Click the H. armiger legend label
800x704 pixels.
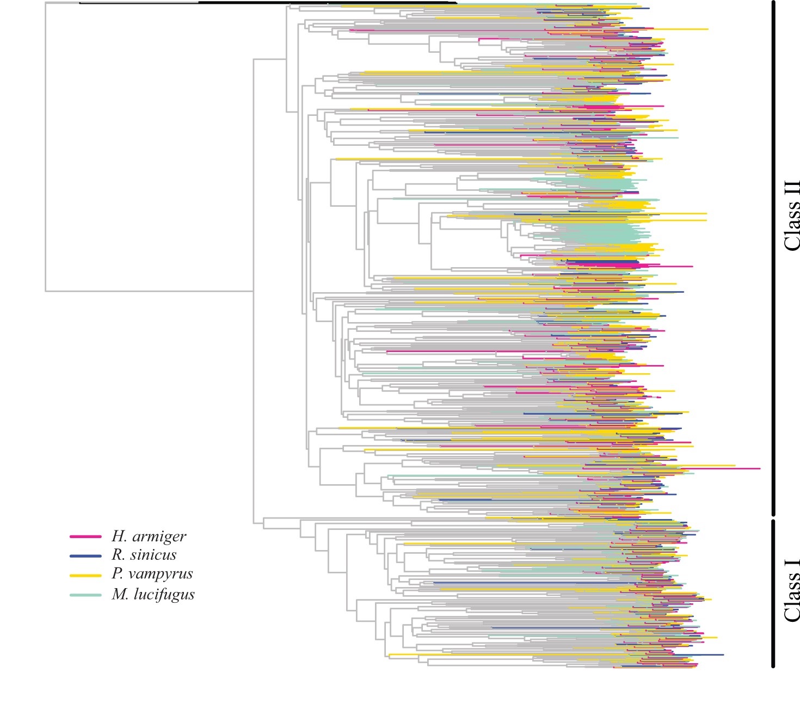[x=149, y=536]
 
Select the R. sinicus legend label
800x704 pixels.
[x=144, y=555]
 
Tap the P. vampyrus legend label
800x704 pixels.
[x=152, y=574]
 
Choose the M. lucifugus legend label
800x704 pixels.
[x=153, y=594]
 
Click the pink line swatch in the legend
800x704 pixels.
[x=85, y=537]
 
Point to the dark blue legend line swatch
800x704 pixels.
[x=85, y=556]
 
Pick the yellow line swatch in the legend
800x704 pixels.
[x=85, y=576]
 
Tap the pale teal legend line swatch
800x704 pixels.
[x=85, y=595]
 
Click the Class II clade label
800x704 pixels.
[x=792, y=216]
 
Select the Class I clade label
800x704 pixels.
[x=792, y=590]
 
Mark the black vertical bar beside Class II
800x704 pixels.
[x=773, y=258]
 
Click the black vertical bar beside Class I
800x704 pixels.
[x=773, y=594]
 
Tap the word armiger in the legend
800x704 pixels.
[x=159, y=536]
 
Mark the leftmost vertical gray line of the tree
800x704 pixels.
[x=45, y=147]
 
